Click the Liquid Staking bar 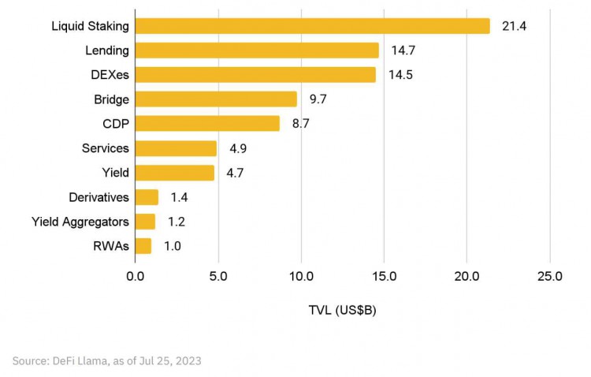312,26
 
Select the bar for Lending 257,50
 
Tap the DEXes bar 255,75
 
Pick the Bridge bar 216,99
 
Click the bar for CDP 207,124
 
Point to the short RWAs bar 143,246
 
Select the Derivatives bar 147,197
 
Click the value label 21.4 513,26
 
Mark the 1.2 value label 176,222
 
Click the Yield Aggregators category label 80,222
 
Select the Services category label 106,148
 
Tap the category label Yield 115,173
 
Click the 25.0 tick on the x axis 549,277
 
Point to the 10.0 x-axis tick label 301,277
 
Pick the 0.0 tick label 136,277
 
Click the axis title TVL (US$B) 342,310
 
